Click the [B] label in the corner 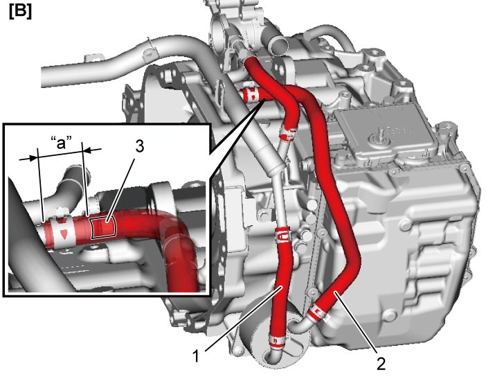pos(21,12)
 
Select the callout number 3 pos(139,146)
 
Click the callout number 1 pos(195,356)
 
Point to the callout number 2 pos(381,363)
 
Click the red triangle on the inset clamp pos(63,234)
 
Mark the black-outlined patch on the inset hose pos(103,227)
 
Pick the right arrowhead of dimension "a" pos(87,150)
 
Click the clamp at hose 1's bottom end pos(276,341)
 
